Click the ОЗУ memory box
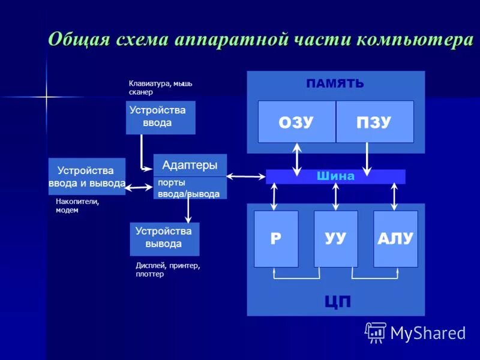[x=296, y=122]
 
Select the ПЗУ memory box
[x=374, y=122]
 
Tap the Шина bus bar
[x=335, y=176]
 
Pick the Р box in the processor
[x=276, y=238]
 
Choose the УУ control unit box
[x=335, y=238]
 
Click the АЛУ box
[x=395, y=238]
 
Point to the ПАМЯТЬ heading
[x=335, y=83]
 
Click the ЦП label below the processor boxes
[x=337, y=302]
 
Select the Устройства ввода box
[x=160, y=117]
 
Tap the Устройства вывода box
[x=164, y=238]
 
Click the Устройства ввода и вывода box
[x=86, y=176]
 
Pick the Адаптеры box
[x=190, y=165]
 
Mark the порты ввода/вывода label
[x=188, y=188]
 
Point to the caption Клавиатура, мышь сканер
[x=160, y=88]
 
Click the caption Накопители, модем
[x=77, y=206]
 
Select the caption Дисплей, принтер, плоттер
[x=167, y=269]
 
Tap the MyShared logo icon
[x=376, y=332]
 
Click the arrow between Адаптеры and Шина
[x=246, y=176]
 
